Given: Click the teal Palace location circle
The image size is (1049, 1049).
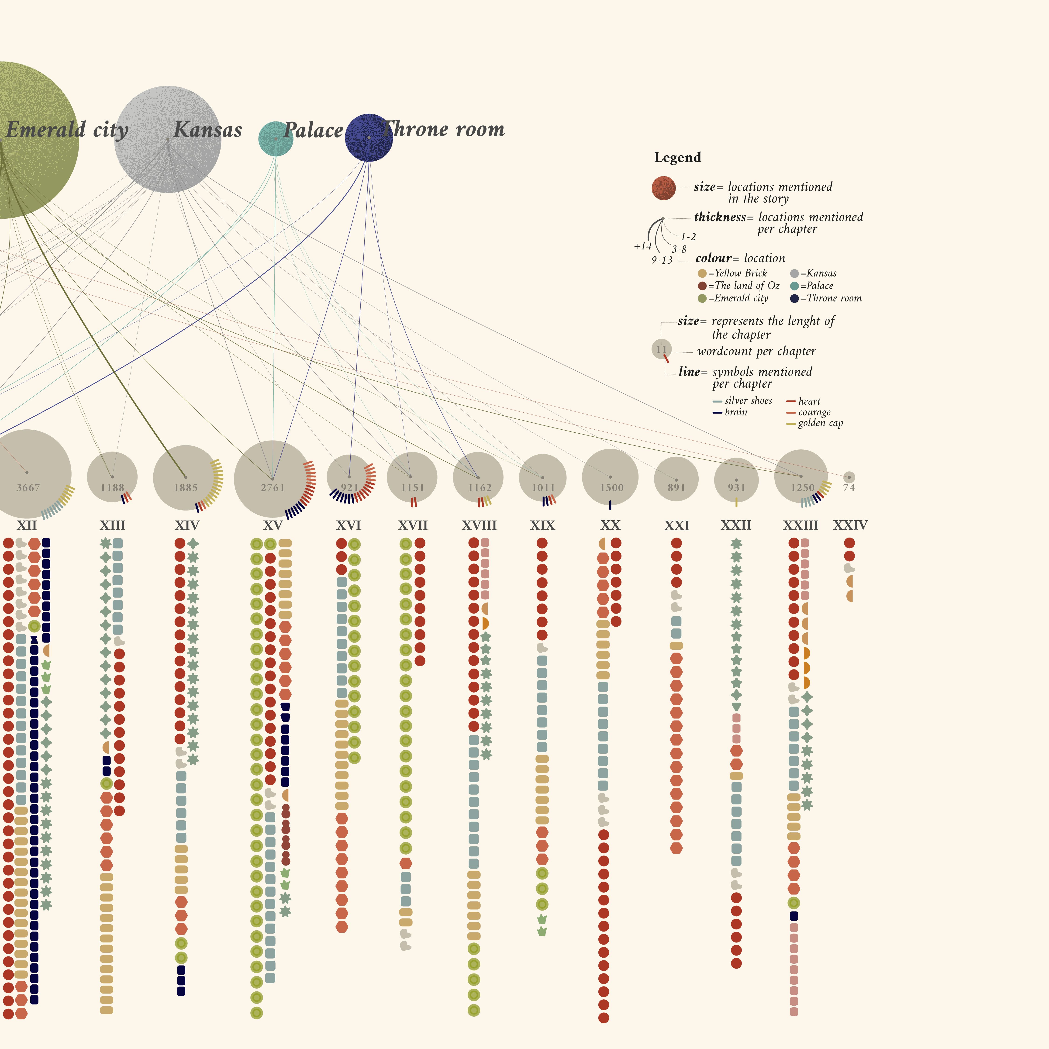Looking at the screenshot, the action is click(276, 139).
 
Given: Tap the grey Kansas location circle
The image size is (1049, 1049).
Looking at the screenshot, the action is click(168, 139).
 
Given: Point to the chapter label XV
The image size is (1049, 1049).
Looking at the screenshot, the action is click(273, 525).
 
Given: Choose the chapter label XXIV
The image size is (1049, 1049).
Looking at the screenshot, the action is click(850, 525).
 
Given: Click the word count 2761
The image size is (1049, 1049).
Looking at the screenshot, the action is click(273, 488).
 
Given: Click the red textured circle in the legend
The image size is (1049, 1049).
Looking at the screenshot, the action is click(663, 188).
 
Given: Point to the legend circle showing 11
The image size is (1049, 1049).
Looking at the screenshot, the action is click(661, 349).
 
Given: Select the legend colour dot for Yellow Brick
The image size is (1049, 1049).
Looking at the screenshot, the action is click(702, 273).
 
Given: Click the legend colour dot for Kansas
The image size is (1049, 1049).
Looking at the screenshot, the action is click(794, 273).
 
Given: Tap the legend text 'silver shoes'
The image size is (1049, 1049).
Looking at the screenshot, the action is click(748, 401).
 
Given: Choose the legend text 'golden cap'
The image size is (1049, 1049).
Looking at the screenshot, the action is click(820, 423).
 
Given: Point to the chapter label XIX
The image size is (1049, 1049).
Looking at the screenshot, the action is click(542, 525).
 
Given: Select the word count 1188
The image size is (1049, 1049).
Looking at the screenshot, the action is click(112, 488).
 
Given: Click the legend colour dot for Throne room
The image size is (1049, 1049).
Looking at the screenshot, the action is click(794, 298).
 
